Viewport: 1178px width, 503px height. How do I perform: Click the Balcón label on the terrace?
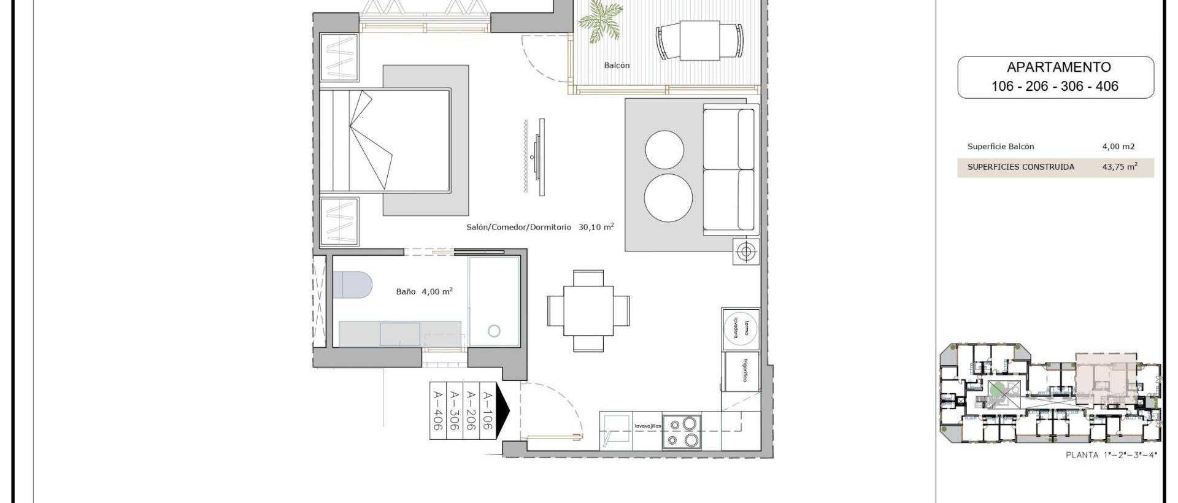point(617,65)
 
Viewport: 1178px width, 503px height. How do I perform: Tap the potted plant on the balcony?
point(598,21)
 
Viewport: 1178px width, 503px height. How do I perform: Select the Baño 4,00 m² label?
point(424,291)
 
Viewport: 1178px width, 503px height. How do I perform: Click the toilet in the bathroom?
point(352,286)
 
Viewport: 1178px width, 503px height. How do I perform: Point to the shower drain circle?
point(494,331)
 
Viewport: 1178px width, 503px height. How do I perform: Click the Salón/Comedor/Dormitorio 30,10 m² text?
point(540,227)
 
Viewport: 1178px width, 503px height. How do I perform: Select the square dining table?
point(588,311)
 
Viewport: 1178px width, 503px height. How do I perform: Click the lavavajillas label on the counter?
point(648,426)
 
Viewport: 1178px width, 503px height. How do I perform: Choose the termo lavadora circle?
point(741,328)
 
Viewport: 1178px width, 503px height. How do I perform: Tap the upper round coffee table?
point(664,148)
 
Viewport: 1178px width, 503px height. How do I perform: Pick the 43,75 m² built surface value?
point(1119,166)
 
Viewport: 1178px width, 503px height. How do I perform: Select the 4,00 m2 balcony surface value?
point(1118,147)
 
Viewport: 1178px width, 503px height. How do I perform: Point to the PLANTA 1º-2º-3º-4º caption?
point(1111,455)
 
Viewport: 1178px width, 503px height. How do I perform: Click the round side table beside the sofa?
point(746,252)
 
